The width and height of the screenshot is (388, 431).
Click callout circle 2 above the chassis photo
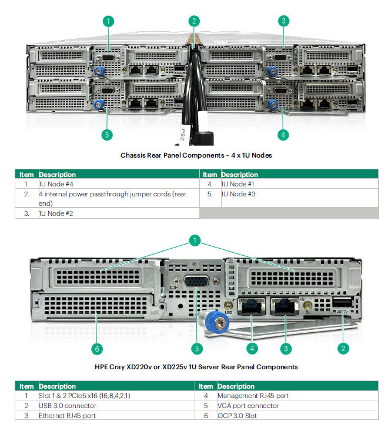point(194,21)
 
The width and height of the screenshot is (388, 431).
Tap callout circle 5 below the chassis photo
point(107,135)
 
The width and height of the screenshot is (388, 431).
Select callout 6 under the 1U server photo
point(97,349)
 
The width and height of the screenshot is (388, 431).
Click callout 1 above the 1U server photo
point(195,240)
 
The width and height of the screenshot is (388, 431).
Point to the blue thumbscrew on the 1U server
point(217,322)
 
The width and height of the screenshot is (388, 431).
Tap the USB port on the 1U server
point(342,303)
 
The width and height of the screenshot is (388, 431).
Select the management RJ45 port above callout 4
point(252,306)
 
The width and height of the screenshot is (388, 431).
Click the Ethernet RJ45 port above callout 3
point(285,306)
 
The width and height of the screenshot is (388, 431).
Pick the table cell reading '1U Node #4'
point(119,184)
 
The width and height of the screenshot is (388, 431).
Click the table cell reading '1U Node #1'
point(300,184)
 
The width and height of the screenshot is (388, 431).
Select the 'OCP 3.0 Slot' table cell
point(298,415)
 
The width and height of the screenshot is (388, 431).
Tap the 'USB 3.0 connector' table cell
point(117,406)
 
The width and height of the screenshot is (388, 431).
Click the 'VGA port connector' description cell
point(298,406)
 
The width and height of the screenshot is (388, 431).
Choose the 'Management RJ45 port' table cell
point(298,396)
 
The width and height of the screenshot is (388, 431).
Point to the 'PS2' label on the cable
point(183,135)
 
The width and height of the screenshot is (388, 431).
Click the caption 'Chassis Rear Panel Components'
point(172,155)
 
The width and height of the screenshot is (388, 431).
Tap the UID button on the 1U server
point(228,305)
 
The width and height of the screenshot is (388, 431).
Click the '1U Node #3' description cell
point(300,198)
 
